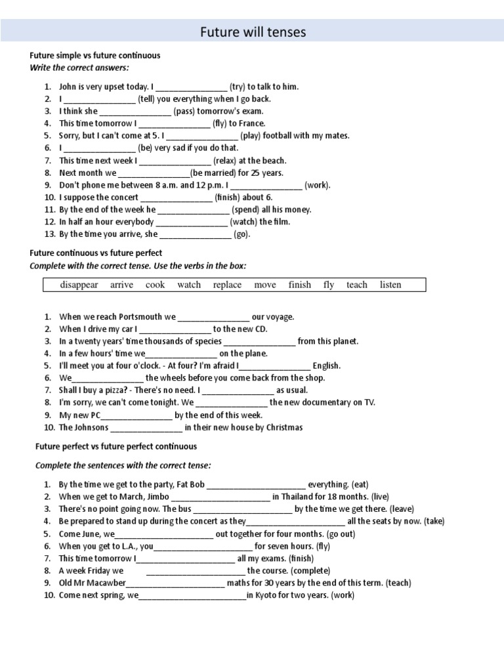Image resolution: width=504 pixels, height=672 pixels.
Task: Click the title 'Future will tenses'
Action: [x=253, y=32]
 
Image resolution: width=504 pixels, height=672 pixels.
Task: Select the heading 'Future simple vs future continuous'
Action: [x=95, y=56]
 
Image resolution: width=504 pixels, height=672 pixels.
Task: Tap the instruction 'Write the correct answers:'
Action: [x=79, y=68]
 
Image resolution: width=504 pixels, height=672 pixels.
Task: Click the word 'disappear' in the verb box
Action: [x=79, y=285]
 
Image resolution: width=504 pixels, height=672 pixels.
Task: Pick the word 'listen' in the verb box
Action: [x=390, y=285]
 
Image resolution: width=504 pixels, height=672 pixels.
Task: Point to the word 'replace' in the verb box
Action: [x=227, y=285]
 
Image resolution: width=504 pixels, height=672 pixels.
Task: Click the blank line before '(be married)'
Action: [x=154, y=173]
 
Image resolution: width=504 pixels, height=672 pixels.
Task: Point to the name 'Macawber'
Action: [x=104, y=583]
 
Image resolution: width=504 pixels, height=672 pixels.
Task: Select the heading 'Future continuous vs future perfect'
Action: [x=96, y=253]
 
